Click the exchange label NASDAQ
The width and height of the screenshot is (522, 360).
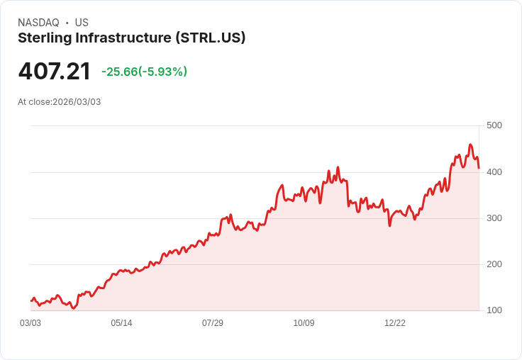click(38, 23)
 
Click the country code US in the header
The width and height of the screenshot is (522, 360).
click(82, 23)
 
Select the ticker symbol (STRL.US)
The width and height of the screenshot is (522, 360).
click(211, 38)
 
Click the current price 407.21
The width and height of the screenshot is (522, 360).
click(55, 72)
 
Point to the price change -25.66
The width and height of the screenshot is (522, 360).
click(119, 72)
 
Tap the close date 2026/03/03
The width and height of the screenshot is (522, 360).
click(77, 102)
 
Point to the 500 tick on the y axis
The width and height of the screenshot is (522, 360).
click(494, 125)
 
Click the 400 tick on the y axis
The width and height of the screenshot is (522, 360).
click(494, 171)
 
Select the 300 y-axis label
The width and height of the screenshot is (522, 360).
click(494, 218)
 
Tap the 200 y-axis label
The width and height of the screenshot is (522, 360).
click(494, 264)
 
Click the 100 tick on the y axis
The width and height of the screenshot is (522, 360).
click(494, 310)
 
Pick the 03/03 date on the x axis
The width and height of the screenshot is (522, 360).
click(30, 323)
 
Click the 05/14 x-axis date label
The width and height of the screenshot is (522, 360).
click(121, 323)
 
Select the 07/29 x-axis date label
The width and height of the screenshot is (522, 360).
click(213, 323)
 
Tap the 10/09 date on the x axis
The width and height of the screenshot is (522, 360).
click(304, 323)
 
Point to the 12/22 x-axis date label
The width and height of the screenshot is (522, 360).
click(395, 323)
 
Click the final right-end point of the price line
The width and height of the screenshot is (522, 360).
click(479, 168)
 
